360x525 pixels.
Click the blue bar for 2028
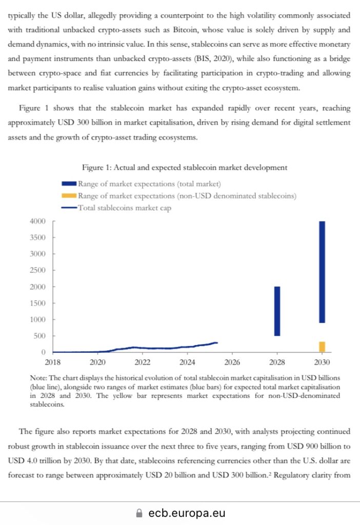[277, 311]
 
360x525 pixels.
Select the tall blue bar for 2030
[322, 272]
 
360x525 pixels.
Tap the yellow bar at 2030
[322, 347]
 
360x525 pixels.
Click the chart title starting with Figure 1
[185, 168]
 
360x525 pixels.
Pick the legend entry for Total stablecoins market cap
[125, 208]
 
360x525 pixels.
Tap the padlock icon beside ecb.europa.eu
[138, 513]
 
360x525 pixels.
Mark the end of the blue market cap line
[217, 342]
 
